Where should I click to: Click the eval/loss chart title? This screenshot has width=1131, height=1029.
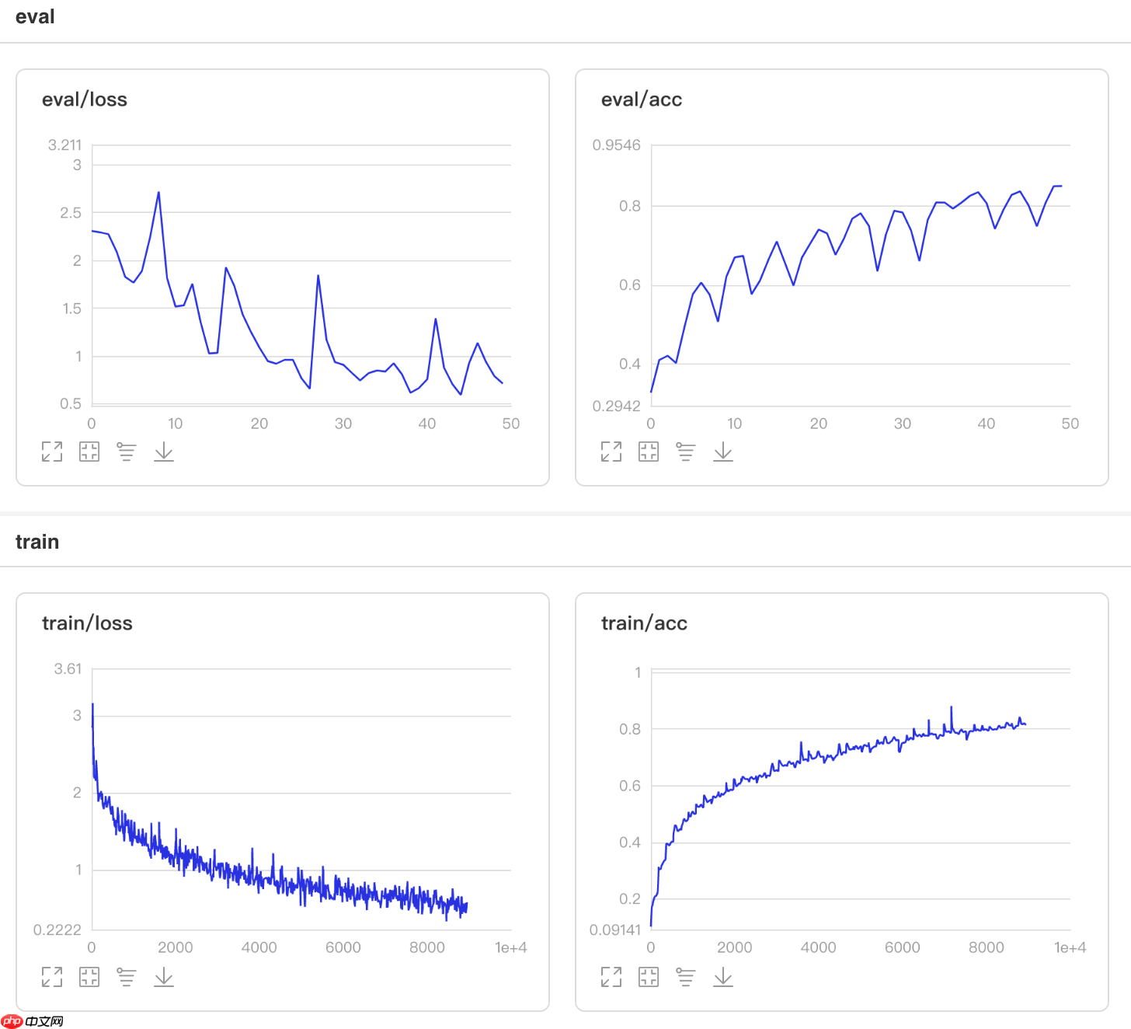(85, 99)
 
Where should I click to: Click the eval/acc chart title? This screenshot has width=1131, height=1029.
(642, 99)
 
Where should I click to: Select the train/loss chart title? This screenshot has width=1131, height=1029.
(87, 623)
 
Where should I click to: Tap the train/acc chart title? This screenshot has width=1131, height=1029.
(644, 623)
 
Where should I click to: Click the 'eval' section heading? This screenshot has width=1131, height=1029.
(35, 17)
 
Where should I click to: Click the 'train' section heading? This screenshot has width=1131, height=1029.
(37, 542)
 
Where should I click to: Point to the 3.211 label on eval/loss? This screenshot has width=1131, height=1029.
(64, 145)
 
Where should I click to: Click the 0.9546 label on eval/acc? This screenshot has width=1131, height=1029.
(616, 145)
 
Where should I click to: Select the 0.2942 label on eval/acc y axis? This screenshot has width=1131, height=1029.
(616, 406)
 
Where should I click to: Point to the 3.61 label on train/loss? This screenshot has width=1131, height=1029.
(68, 669)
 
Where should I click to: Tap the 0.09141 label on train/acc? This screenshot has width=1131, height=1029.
(614, 930)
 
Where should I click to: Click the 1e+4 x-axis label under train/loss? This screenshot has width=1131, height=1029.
(510, 947)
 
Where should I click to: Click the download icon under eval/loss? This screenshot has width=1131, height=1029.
(164, 452)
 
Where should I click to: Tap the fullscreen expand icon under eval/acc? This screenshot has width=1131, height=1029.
(611, 452)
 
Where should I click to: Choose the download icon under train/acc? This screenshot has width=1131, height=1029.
(723, 976)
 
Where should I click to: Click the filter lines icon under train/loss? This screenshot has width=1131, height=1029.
(126, 976)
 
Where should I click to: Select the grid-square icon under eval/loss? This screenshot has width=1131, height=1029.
(89, 452)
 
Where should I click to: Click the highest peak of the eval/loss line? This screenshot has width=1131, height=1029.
(158, 193)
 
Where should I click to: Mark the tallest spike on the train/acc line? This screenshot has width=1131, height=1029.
(952, 707)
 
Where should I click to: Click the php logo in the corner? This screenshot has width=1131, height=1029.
(12, 1021)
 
